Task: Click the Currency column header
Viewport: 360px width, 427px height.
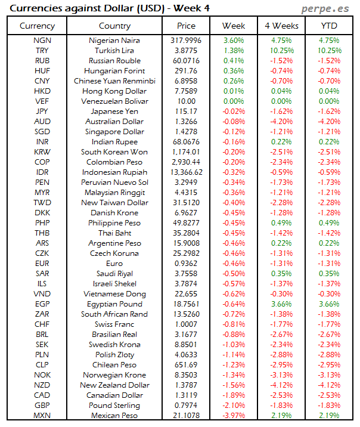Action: tap(37, 26)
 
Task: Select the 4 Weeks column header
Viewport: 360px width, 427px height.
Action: tap(281, 26)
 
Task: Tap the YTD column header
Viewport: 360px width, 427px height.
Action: tap(328, 26)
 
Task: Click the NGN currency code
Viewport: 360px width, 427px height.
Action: tap(42, 41)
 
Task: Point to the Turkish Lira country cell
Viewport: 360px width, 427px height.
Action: tap(114, 51)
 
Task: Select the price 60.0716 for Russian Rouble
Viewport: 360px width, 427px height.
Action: tap(186, 61)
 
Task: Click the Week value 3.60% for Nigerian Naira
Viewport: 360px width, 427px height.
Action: tap(233, 41)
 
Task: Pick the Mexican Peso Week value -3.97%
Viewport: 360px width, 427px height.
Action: tap(233, 416)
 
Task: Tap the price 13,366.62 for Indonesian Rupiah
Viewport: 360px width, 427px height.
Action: tap(186, 172)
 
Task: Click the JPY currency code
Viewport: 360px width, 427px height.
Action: tap(42, 112)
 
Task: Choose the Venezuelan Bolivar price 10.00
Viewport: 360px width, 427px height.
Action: tap(186, 101)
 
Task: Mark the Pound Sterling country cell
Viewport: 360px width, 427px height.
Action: tap(114, 406)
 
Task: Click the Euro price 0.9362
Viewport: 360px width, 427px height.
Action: tap(186, 264)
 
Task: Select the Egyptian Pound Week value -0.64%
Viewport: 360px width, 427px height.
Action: tap(233, 304)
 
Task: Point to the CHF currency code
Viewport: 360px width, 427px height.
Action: tap(42, 324)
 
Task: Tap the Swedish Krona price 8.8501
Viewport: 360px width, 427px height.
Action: tap(186, 345)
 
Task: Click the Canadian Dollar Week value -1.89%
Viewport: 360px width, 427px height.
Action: tap(233, 395)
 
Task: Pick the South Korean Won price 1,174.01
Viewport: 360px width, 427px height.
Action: tap(186, 152)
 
